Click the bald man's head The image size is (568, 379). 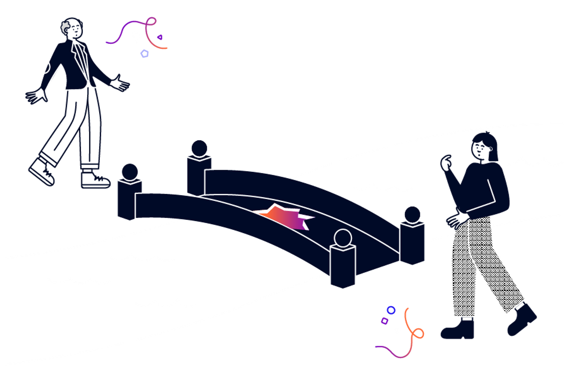tap(72, 28)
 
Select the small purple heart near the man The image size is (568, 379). tap(160, 37)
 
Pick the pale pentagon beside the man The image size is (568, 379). tap(144, 54)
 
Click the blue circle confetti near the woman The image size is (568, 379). tap(391, 310)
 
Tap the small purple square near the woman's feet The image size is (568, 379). tap(385, 321)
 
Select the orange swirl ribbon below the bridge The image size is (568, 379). tap(412, 329)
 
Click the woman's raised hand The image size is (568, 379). tap(447, 163)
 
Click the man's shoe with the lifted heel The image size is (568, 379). tap(42, 171)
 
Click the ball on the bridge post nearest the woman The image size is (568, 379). tap(412, 214)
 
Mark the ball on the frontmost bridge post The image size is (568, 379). tap(343, 238)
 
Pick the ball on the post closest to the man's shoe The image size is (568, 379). tap(130, 171)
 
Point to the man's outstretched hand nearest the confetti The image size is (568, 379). tap(120, 83)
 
